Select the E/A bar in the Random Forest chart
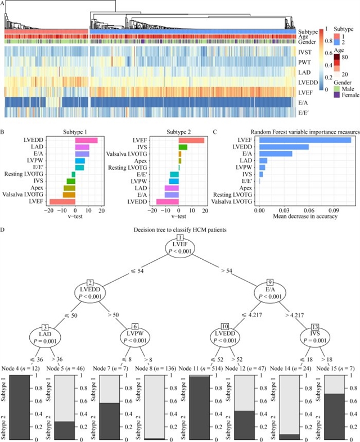point(276,154)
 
